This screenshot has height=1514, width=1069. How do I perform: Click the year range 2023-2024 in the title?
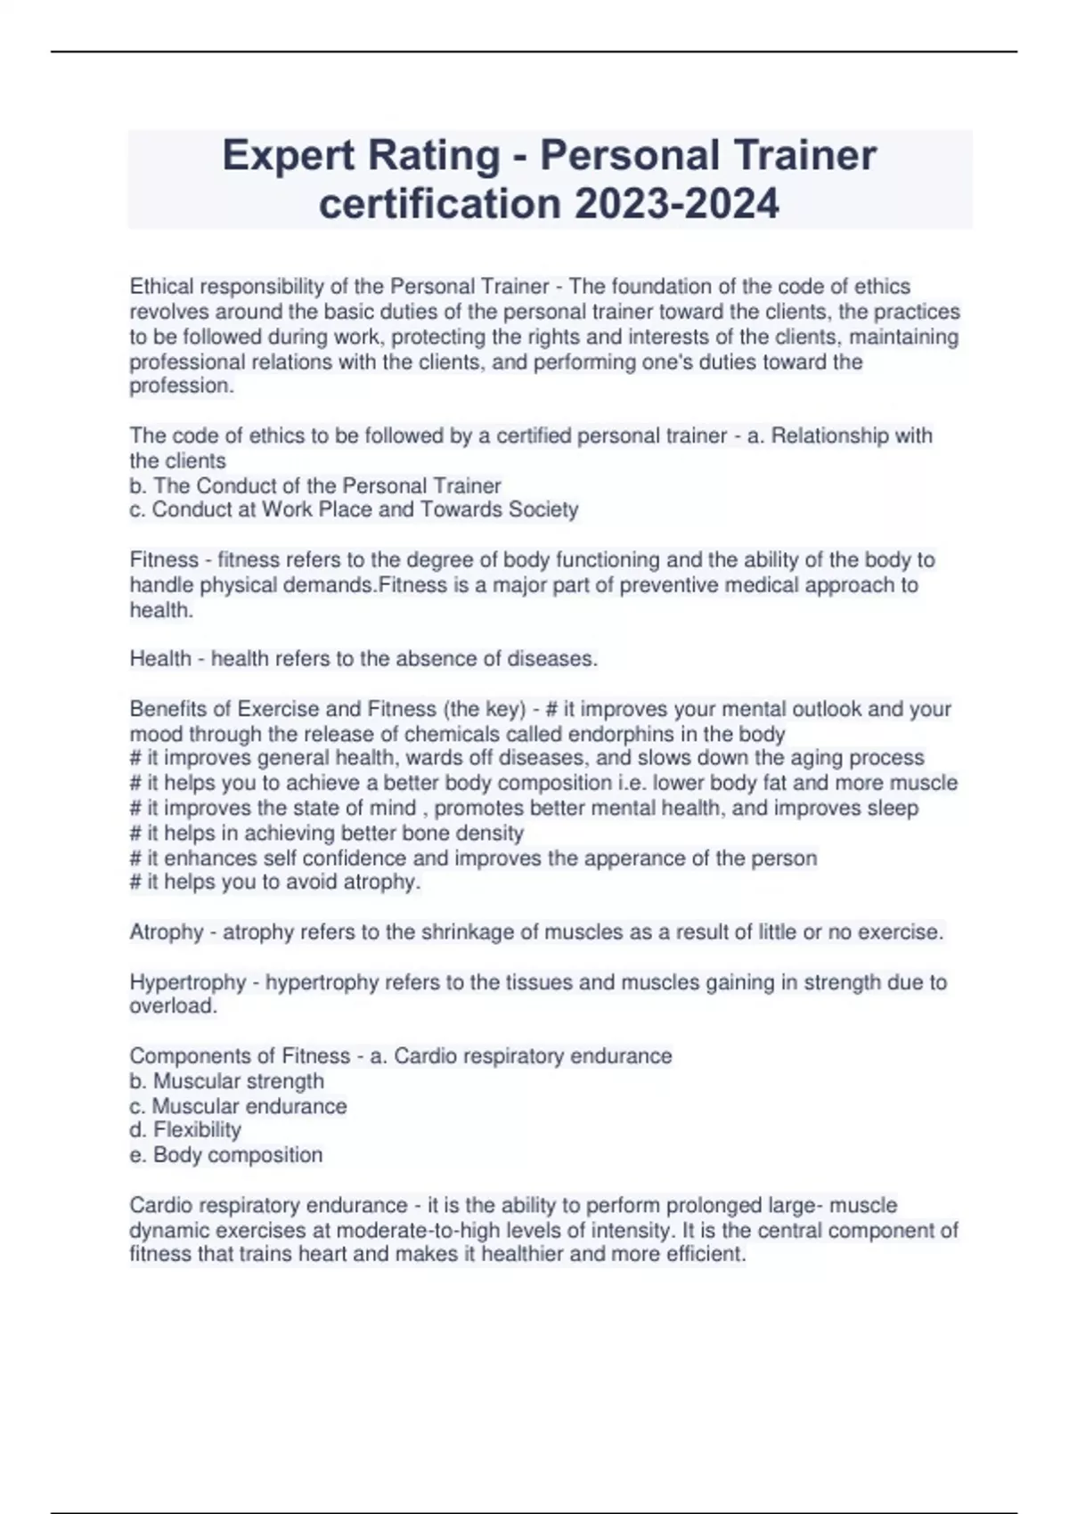coord(677,204)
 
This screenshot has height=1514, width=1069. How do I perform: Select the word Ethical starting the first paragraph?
coord(161,287)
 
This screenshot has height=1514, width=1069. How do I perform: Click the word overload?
coord(172,1006)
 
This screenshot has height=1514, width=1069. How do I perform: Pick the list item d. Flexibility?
coord(185,1130)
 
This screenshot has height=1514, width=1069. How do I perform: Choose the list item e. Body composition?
coord(226,1155)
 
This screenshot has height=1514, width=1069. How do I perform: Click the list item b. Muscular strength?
coord(226,1081)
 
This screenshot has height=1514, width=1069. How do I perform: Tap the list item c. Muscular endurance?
coord(238,1106)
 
